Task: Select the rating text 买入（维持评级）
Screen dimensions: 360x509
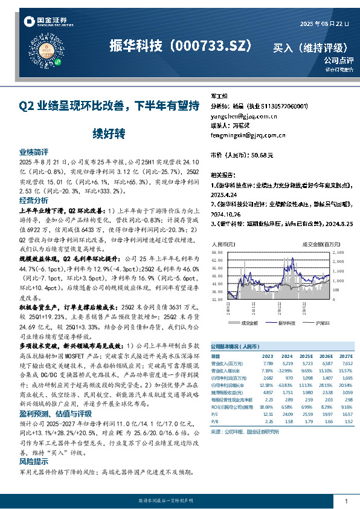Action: pos(311,47)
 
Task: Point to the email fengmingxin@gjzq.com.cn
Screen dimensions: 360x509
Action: pos(248,135)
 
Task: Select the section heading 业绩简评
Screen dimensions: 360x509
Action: pos(34,152)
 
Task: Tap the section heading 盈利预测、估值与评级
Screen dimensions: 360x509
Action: pos(56,413)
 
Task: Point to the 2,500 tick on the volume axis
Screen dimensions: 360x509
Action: pos(338,253)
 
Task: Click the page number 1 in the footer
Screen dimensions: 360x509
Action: pos(346,501)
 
